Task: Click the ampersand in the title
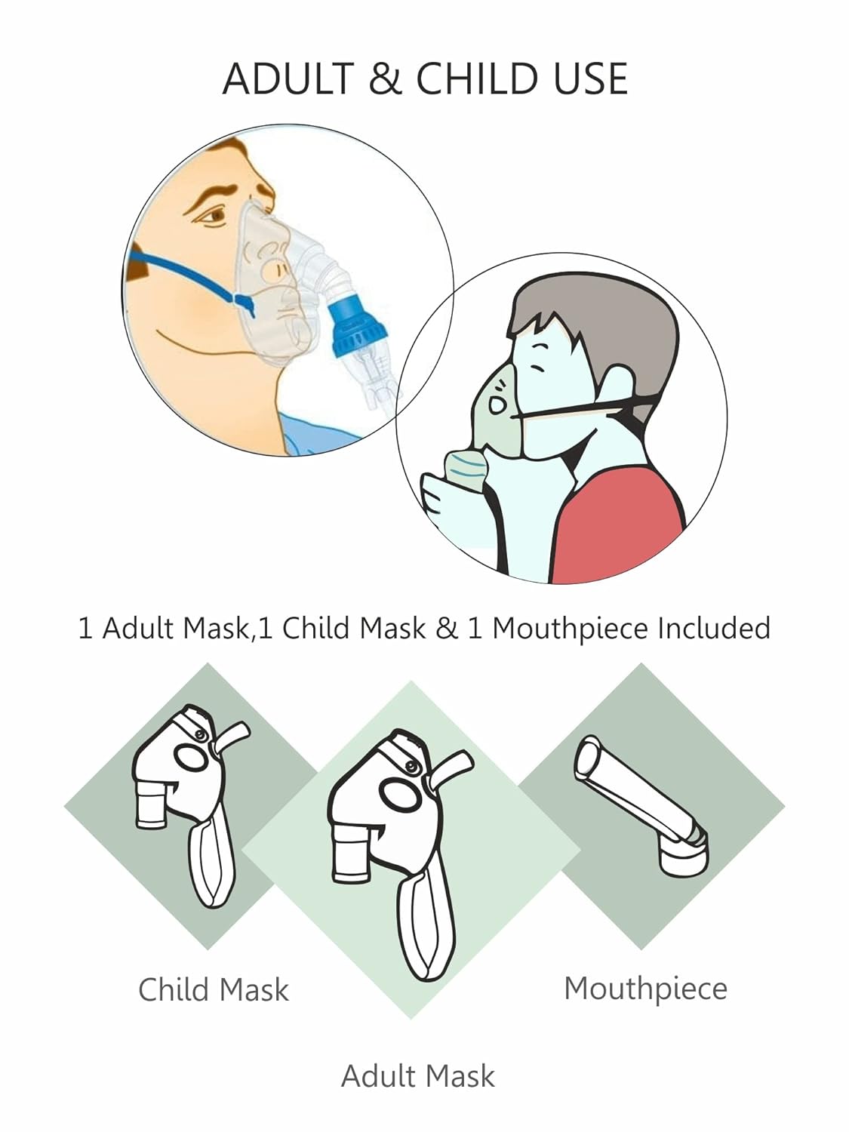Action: [x=385, y=78]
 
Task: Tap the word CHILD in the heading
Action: [x=476, y=78]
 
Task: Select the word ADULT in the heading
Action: [x=289, y=78]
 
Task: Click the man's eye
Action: [x=212, y=216]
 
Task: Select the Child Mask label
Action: [x=214, y=989]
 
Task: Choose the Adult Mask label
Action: [x=417, y=1076]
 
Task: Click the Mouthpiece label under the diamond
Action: [x=645, y=989]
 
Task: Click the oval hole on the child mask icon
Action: [x=191, y=756]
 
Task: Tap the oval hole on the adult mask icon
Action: [x=400, y=795]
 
